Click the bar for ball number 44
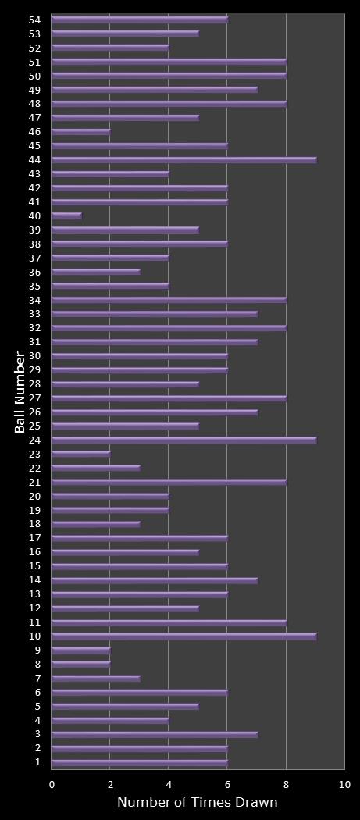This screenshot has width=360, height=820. [x=184, y=160]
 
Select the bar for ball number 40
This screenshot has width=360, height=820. [x=66, y=216]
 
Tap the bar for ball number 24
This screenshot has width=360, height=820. [x=184, y=440]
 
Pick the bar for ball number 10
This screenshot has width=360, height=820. [x=184, y=636]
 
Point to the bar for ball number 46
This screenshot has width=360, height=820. [x=81, y=132]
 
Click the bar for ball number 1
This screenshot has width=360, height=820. [x=140, y=762]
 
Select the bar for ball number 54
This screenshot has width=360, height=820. [x=140, y=20]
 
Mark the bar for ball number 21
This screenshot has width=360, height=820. [x=169, y=483]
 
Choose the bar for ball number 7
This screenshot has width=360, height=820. [x=96, y=679]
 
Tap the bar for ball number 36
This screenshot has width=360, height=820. [x=96, y=273]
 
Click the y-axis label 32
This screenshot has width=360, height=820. [x=35, y=328]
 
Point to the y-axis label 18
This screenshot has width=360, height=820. [x=35, y=524]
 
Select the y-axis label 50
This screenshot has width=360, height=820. [x=35, y=76]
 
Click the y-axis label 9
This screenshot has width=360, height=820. [x=37, y=651]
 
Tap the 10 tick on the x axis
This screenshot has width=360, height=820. [x=344, y=784]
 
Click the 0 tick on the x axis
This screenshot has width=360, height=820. [x=52, y=784]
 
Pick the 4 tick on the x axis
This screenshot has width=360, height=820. [x=169, y=784]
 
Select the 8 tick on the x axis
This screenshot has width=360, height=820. [x=286, y=784]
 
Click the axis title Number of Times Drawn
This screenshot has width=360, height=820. [x=197, y=803]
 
